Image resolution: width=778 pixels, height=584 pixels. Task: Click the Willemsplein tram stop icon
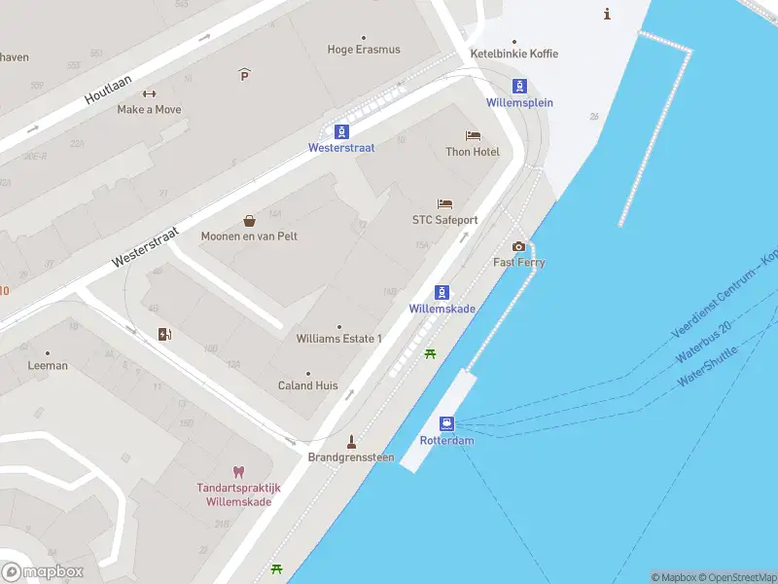[520, 86]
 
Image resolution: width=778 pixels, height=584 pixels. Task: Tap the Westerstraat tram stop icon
[341, 131]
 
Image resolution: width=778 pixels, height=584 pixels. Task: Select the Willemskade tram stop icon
[442, 292]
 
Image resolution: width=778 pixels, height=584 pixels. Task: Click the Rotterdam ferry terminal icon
[446, 423]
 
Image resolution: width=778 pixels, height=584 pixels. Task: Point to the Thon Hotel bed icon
[473, 135]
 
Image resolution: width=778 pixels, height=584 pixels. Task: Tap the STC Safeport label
[444, 220]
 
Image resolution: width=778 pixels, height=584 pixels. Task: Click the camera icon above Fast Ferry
[518, 246]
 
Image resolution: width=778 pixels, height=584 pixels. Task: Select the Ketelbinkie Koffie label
[513, 54]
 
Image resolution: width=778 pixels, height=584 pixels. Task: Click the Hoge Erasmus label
[364, 50]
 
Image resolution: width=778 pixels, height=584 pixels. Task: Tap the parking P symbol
[244, 74]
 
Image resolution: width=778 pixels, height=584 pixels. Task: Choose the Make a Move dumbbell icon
[149, 94]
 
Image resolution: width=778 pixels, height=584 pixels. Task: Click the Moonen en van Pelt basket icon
[249, 220]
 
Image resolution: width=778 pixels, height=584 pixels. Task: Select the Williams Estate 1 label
[338, 339]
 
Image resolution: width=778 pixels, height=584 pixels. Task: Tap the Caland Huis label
[308, 385]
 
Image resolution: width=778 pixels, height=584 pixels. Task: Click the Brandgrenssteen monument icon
[351, 441]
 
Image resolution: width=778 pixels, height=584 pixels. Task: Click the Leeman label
[48, 366]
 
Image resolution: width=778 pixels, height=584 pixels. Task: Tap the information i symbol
[608, 14]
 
